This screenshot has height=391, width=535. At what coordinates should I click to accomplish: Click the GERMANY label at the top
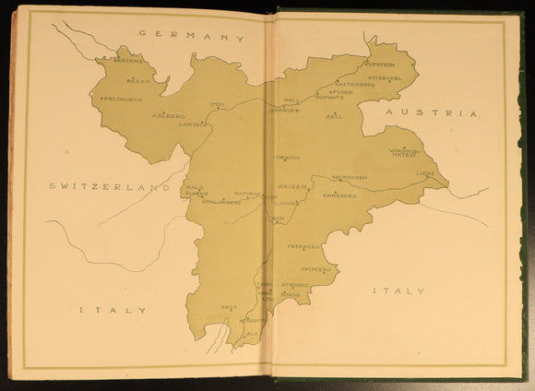pyautogui.click(x=191, y=37)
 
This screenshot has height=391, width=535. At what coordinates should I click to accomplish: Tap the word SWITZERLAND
pyautogui.click(x=111, y=186)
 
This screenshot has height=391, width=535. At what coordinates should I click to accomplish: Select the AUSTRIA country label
pyautogui.click(x=432, y=113)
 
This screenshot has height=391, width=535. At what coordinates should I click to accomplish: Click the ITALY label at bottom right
pyautogui.click(x=398, y=291)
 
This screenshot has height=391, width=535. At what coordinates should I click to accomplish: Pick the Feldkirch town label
pyautogui.click(x=121, y=98)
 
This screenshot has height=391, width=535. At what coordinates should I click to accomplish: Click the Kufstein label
pyautogui.click(x=379, y=65)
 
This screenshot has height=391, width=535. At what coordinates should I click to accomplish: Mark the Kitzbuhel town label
pyautogui.click(x=386, y=78)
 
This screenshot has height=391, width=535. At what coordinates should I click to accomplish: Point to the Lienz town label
pyautogui.click(x=425, y=172)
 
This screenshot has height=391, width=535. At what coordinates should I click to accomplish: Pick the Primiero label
pyautogui.click(x=316, y=269)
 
